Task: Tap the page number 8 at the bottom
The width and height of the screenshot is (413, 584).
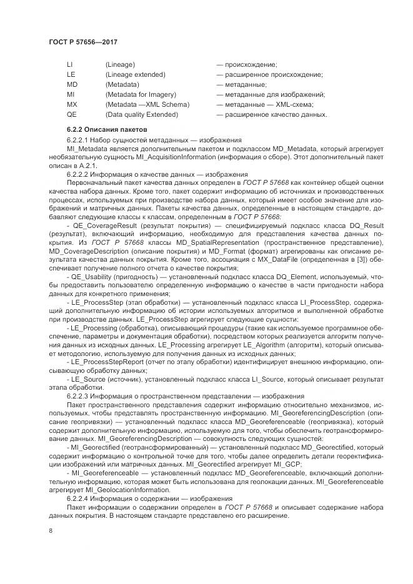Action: coord(51,530)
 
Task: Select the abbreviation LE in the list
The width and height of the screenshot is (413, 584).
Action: coord(71,74)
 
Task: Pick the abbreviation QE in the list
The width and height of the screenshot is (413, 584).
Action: coord(72,114)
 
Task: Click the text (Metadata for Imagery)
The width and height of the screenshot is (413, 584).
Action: coord(137,94)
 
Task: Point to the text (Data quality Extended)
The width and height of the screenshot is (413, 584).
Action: coord(142,114)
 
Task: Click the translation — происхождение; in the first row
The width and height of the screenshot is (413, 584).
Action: coord(247,64)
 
